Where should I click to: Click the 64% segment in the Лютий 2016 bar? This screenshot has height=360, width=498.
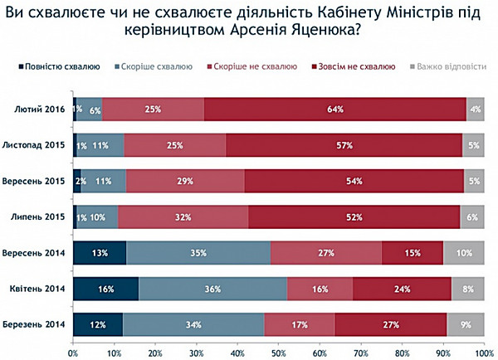pyautogui.click(x=335, y=109)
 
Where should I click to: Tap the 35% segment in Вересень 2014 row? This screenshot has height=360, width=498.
pyautogui.click(x=198, y=252)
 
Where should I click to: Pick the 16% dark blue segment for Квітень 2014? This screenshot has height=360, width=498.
pyautogui.click(x=105, y=289)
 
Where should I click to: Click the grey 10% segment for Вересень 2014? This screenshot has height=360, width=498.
pyautogui.click(x=465, y=252)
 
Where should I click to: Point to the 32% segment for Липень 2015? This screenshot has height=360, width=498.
pyautogui.click(x=183, y=216)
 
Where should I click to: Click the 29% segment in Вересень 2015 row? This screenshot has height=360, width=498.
pyautogui.click(x=186, y=181)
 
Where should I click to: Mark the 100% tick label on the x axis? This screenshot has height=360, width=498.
pyautogui.click(x=483, y=352)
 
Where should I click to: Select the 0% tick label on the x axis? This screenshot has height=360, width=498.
pyautogui.click(x=73, y=352)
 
